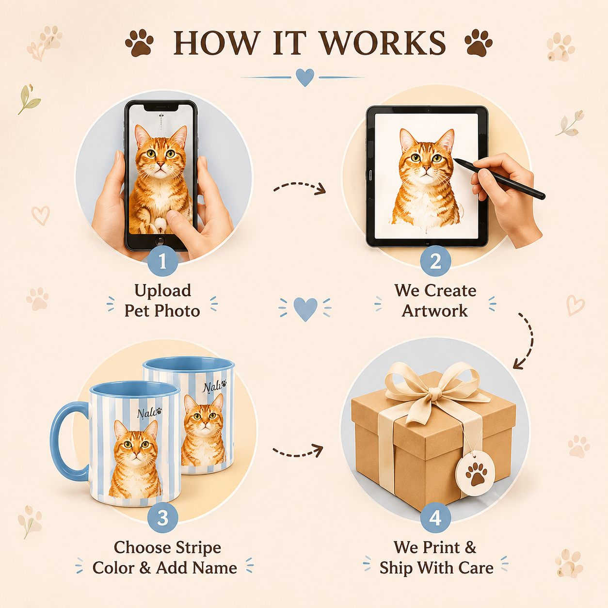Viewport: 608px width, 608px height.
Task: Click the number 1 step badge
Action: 162,261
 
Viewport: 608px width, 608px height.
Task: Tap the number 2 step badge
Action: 435,261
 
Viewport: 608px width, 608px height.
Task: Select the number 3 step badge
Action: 162,518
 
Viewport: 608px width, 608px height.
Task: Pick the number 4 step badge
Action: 435,518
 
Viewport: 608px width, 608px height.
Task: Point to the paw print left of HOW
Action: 139,43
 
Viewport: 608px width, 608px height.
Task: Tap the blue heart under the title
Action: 305,77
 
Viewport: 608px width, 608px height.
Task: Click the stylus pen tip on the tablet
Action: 455,160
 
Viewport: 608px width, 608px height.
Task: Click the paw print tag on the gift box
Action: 475,473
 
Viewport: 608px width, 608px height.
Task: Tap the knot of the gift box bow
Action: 435,393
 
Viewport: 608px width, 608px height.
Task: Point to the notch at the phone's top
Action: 161,108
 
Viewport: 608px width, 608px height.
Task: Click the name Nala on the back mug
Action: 212,387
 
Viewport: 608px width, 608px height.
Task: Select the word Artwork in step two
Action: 435,311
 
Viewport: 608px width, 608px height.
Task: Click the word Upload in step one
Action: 162,291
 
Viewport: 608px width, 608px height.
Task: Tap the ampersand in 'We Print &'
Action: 470,548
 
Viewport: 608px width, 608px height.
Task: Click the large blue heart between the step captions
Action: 305,309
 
